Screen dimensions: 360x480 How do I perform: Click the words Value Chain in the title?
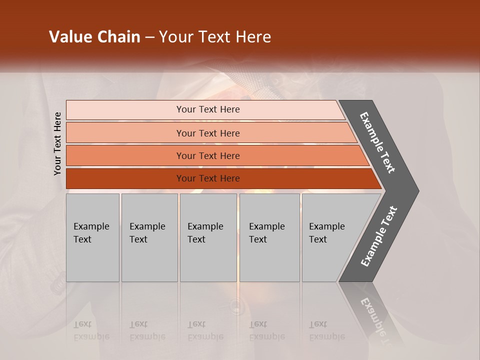click(94, 37)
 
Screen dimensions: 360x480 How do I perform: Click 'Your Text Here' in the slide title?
click(215, 37)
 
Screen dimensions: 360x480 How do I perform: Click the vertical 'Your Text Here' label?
click(57, 143)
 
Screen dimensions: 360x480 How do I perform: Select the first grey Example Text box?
click(92, 237)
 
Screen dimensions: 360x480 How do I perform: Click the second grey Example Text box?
click(149, 237)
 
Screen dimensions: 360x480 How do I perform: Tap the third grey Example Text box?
click(208, 237)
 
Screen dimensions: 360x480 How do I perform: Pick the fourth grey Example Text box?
click(269, 237)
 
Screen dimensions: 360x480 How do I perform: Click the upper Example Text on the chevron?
click(377, 142)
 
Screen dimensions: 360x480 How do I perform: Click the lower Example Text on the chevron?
click(378, 236)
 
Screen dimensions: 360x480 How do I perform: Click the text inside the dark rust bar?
click(208, 178)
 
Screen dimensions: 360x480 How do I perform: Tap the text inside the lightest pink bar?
click(208, 109)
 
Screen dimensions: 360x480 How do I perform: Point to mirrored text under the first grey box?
click(91, 330)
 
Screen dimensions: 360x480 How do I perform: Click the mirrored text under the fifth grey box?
click(326, 330)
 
